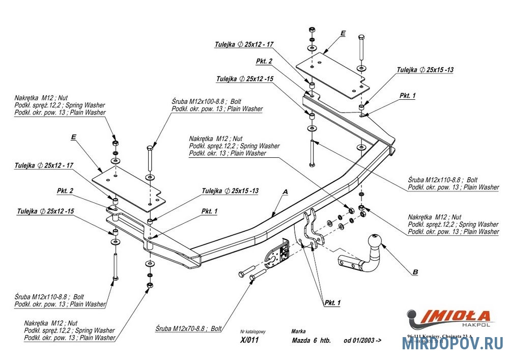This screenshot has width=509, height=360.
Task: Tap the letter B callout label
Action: click(x=415, y=272)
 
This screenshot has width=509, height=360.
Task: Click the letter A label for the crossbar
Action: click(x=285, y=192)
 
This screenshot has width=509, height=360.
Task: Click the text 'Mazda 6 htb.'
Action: click(x=312, y=341)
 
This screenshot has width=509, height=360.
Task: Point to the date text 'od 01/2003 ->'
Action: click(x=362, y=341)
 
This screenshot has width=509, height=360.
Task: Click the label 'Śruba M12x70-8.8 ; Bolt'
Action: click(x=188, y=329)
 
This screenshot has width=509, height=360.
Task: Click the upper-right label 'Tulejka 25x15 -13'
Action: click(x=426, y=70)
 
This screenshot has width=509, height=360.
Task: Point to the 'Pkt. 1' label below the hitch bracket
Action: click(x=332, y=303)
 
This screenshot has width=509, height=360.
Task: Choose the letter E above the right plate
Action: click(x=343, y=33)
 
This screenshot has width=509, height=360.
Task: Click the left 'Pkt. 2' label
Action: click(x=65, y=191)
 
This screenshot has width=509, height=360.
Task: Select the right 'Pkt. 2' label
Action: click(x=264, y=61)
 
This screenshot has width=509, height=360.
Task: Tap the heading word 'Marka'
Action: click(x=299, y=331)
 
